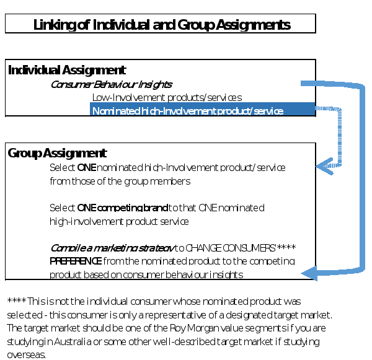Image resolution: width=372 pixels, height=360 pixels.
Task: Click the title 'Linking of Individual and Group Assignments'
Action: point(161,25)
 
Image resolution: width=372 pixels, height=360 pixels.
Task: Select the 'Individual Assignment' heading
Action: point(67,70)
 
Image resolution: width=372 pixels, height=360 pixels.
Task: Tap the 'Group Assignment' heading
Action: point(57,153)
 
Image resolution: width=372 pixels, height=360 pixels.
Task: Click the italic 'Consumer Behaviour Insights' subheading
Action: point(111,84)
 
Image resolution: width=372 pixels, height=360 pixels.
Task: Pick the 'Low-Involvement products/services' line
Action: point(167,97)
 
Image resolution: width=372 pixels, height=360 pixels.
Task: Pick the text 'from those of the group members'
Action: point(120,182)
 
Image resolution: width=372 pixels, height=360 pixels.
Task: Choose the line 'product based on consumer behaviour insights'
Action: point(146,274)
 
